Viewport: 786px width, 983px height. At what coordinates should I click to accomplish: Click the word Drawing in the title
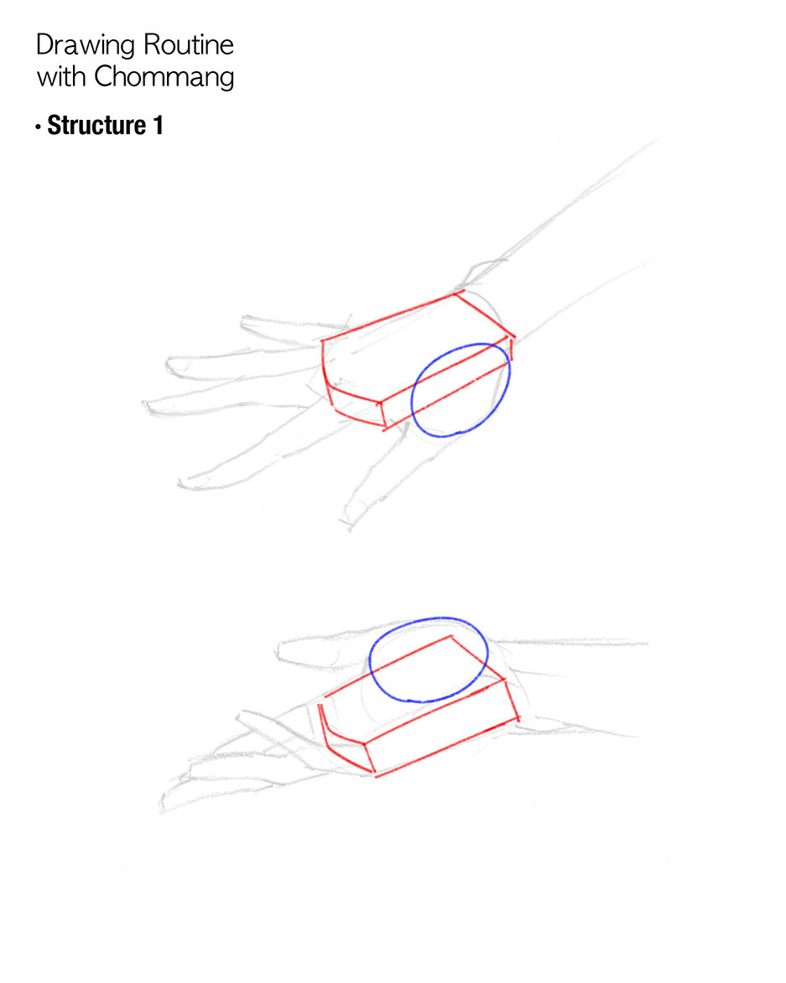tap(86, 46)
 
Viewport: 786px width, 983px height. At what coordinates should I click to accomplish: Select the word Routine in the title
tap(189, 44)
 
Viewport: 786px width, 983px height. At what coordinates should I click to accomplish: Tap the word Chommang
tap(164, 78)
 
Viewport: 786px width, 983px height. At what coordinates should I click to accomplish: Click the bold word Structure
tap(96, 126)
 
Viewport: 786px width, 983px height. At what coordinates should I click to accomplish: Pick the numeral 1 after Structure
tap(158, 126)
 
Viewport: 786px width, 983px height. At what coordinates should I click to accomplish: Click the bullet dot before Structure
tap(39, 127)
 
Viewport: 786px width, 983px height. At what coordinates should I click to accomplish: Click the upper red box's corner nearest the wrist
tap(513, 338)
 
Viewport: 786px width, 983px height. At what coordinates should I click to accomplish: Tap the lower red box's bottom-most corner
tap(375, 776)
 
